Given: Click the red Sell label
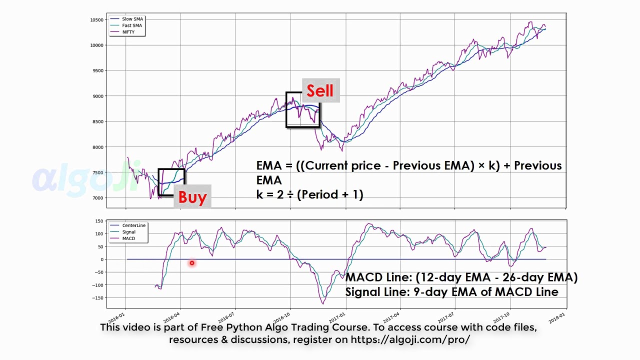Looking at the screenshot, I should pos(320,91).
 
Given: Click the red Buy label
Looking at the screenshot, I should pos(192,197).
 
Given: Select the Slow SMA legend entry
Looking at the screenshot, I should pos(132,19).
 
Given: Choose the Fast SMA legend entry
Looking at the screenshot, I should pos(132,25).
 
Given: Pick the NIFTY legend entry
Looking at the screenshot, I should pos(128,32).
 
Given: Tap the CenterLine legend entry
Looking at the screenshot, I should pos(133,225).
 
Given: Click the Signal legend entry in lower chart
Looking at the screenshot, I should pos(129,232).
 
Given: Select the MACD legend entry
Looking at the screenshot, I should pos(128,238).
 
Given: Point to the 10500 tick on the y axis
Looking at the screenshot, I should pos(96,20).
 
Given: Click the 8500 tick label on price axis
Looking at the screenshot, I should pos(97,121).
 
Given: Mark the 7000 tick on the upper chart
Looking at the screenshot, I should pos(97,198).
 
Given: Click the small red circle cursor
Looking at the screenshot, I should pos(191,263).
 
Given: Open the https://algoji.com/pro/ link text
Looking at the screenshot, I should pos(410,340).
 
